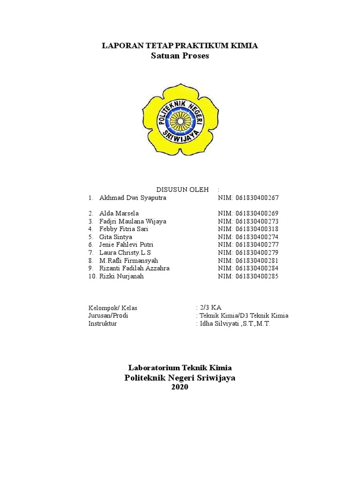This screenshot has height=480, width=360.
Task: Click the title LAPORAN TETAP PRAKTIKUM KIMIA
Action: tap(180, 45)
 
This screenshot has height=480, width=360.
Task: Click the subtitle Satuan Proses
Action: tap(180, 56)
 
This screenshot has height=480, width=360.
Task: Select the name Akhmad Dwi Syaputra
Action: tap(133, 198)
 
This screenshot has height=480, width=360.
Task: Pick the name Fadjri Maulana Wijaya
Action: tap(133, 221)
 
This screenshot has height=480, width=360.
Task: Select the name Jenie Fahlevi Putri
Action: tap(126, 245)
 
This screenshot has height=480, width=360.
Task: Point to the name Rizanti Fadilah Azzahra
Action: tap(135, 269)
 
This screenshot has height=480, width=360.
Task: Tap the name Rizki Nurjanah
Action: tap(121, 277)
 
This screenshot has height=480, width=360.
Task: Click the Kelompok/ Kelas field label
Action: tap(113, 308)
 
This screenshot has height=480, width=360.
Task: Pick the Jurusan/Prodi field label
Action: tap(108, 315)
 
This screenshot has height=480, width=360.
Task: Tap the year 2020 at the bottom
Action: tap(180, 387)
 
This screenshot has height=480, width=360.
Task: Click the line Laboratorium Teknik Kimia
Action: tap(180, 368)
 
